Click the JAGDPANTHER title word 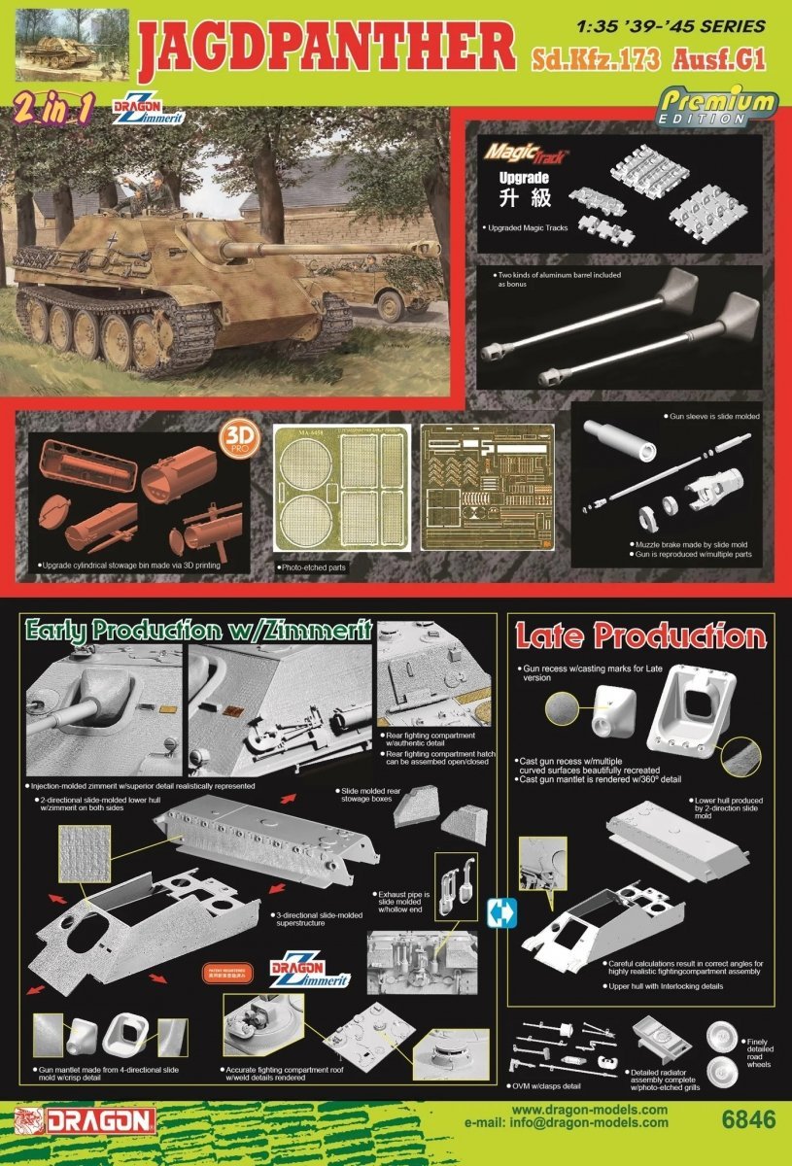coord(328,47)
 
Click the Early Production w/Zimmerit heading coord(195,631)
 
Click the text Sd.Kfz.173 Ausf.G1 coord(647,59)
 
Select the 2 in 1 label coord(53,110)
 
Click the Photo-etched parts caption coord(311,566)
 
